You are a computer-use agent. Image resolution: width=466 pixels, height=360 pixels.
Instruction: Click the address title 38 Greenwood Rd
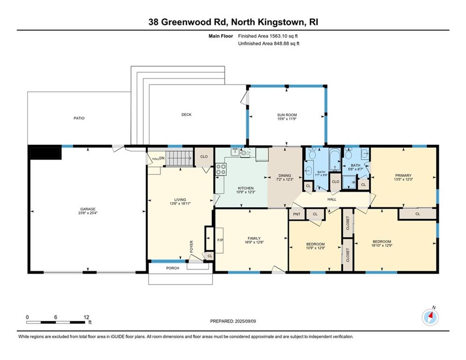233,22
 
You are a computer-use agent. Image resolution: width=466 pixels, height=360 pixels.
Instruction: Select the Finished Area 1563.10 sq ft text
268,36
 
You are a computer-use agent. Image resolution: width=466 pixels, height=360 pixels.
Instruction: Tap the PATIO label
79,118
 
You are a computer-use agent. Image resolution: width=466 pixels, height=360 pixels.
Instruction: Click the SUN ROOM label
287,115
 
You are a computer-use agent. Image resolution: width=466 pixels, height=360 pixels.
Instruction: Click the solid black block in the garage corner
45,153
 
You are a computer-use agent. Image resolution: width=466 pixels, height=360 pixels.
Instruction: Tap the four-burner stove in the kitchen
221,170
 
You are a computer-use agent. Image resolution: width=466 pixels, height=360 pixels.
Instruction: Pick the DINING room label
285,174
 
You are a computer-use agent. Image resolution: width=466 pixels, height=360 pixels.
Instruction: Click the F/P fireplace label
219,240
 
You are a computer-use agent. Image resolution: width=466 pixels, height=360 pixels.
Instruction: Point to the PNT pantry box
297,214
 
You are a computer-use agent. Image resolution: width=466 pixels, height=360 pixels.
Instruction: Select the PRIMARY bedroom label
403,175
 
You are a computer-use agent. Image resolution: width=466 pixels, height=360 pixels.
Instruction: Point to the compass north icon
430,317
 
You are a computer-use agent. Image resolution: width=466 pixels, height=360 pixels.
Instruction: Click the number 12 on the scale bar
86,317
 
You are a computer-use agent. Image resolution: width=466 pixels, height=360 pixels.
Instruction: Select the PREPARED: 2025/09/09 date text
233,321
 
